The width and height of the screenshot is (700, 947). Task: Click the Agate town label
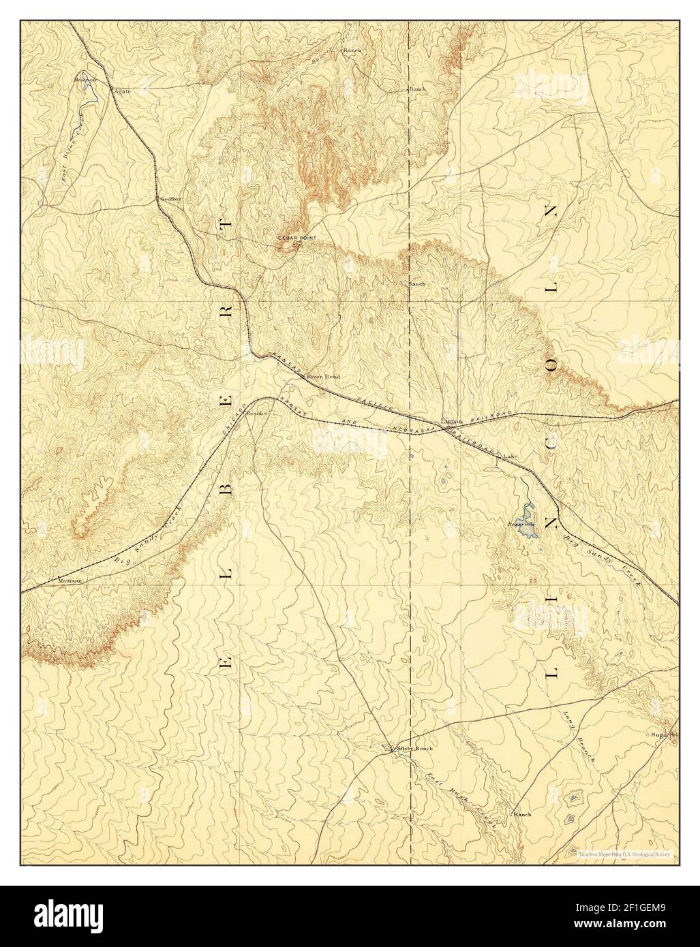coord(122,91)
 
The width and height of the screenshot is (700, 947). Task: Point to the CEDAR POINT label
coord(296,237)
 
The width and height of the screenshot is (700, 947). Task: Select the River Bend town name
coord(322,377)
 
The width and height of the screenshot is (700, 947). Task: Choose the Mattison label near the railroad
coord(70,581)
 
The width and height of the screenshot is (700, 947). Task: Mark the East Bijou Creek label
coord(70,157)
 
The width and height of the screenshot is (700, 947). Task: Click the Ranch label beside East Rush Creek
coord(522,814)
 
